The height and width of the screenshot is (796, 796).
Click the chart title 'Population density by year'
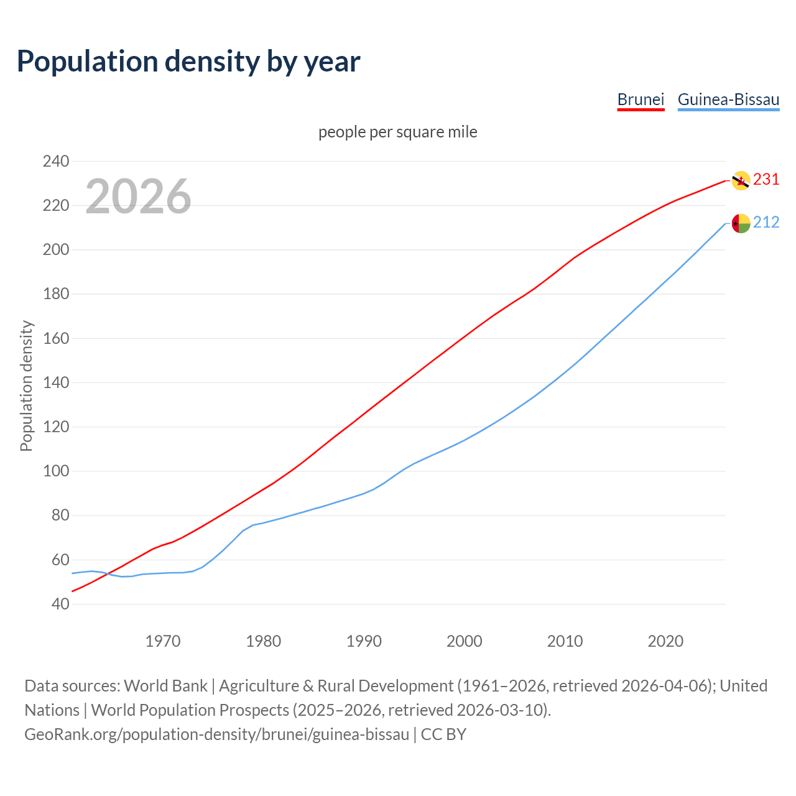point(188,61)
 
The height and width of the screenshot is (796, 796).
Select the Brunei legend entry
point(641,99)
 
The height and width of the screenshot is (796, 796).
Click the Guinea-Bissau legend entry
point(728,99)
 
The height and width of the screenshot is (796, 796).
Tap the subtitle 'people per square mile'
point(398,132)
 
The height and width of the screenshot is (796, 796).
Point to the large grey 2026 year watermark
point(138,197)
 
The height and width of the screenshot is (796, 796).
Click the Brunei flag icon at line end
point(741,180)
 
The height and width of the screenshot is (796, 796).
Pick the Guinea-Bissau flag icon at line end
point(741,223)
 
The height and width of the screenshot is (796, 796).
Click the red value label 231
point(766,180)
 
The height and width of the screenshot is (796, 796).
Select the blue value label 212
point(766,223)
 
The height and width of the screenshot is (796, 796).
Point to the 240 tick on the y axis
point(56,161)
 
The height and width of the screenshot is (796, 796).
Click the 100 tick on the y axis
point(56,471)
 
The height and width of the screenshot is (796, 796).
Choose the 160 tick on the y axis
point(56,338)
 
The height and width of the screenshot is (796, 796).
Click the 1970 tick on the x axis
point(163,641)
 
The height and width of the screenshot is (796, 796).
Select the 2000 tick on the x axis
point(464,641)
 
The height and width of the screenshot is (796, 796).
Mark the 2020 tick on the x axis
point(665,641)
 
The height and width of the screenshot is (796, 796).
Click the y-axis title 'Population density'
point(26,386)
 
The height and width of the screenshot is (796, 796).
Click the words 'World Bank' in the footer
point(165,686)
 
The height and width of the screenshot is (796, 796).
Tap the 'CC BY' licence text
point(443,734)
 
